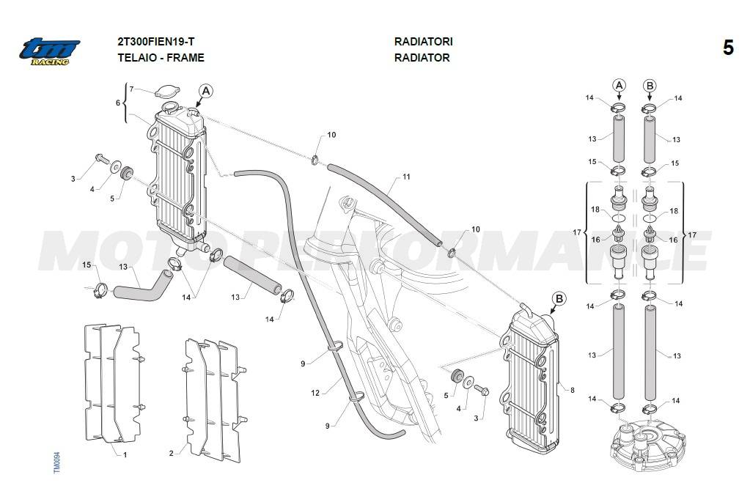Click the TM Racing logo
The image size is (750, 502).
point(49,51)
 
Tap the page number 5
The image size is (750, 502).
point(727,48)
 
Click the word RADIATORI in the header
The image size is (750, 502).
point(423,42)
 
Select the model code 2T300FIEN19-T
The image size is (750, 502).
point(156,42)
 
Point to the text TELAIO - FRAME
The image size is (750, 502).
point(161,57)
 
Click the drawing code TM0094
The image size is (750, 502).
point(56,462)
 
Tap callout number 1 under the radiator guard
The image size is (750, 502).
point(125,454)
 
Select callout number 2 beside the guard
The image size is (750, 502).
point(171,454)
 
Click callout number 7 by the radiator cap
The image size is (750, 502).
point(131,89)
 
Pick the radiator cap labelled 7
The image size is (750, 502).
point(166,92)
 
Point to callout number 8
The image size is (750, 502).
point(572,391)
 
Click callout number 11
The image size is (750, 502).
point(406,177)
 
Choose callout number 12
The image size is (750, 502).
point(315,394)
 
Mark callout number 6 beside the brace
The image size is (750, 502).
point(117,103)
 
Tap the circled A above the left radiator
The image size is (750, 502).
point(206,91)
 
